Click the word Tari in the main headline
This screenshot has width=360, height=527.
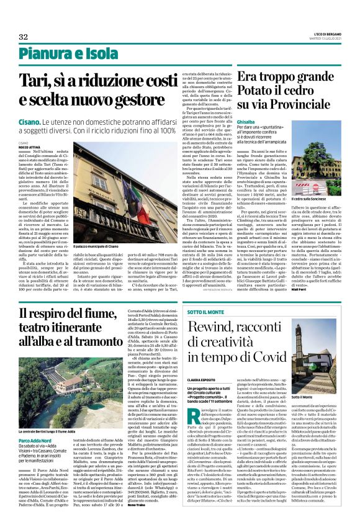37,81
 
